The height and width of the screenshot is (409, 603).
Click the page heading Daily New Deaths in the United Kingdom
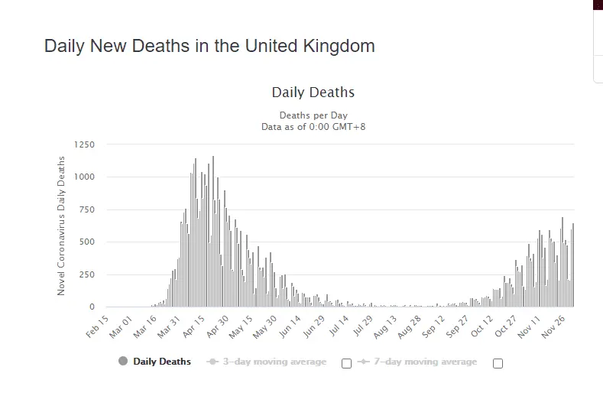[x=209, y=46]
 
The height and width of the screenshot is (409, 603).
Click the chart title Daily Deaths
[x=313, y=93]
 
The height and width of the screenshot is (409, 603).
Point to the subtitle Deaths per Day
[x=313, y=115]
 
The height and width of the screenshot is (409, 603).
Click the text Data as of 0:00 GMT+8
[x=313, y=126]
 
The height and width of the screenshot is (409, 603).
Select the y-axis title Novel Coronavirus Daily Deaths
[x=62, y=226]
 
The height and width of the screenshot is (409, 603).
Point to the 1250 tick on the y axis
[x=85, y=144]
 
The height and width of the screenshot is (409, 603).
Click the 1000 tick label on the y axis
[x=85, y=177]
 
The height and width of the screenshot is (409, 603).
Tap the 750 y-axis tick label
[x=87, y=210]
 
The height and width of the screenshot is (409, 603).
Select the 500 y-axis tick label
[x=87, y=242]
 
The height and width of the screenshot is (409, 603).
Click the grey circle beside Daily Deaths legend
[x=123, y=362]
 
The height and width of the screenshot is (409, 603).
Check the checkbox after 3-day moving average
[x=346, y=363]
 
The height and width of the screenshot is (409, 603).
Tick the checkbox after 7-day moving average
[x=498, y=363]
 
